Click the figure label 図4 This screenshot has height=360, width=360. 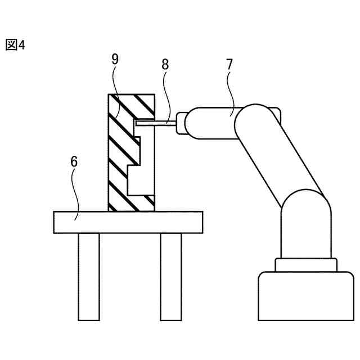(x=15, y=45)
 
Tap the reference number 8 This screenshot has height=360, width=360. (x=165, y=64)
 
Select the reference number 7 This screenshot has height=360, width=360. (x=229, y=64)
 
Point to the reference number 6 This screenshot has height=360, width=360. (x=74, y=162)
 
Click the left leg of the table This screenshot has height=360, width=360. (x=89, y=276)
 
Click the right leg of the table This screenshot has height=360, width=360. (x=171, y=276)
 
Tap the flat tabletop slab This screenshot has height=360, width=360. (x=127, y=222)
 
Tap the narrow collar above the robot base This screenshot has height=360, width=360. (x=306, y=264)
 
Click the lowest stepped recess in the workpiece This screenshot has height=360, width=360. (x=138, y=183)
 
